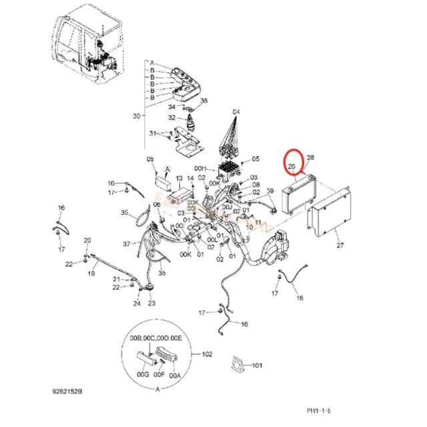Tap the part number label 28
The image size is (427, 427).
pyautogui.click(x=310, y=157)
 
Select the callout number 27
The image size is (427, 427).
pyautogui.click(x=340, y=246)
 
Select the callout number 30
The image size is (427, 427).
pyautogui.click(x=137, y=115)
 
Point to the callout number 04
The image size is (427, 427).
pyautogui.click(x=236, y=111)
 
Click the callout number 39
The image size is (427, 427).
pyautogui.click(x=270, y=191)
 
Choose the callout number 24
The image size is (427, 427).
pyautogui.click(x=136, y=304)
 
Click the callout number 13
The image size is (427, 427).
pyautogui.click(x=178, y=179)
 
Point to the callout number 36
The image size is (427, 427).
pyautogui.click(x=204, y=101)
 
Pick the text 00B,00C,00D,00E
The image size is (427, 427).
pyautogui.click(x=157, y=340)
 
